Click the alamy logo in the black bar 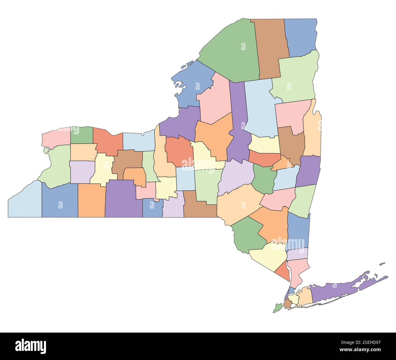click(31, 346)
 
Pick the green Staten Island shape click(277, 308)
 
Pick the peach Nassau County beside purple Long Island click(306, 297)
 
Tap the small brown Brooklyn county click(287, 303)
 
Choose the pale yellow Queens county click(294, 298)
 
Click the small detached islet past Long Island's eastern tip click(382, 263)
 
